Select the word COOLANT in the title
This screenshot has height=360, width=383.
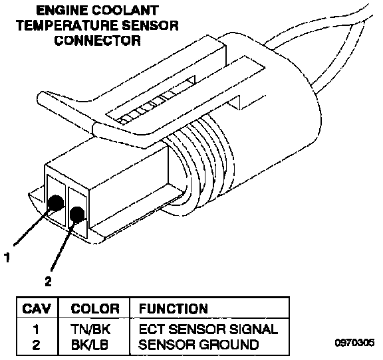point(125,11)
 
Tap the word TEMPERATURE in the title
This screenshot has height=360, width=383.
point(68,25)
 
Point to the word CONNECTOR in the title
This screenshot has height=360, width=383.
point(98,41)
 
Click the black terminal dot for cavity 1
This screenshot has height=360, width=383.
point(56,203)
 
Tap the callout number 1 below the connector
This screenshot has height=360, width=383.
point(7,257)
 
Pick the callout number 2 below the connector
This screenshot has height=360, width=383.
point(48,281)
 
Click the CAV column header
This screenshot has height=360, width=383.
point(37,308)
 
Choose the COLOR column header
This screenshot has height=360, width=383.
point(95,308)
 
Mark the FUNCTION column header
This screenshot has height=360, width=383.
point(173,308)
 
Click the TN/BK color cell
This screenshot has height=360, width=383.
point(90,329)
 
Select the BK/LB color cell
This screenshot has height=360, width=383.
point(89,345)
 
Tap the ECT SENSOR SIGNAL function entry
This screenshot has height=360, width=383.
point(208,329)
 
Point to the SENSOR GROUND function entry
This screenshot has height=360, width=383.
point(199,345)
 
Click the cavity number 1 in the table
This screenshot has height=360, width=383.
point(36,329)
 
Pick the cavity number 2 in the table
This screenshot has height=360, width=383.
point(36,345)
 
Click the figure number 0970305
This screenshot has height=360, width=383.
point(354,343)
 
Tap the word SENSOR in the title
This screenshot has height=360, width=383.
point(150,25)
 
